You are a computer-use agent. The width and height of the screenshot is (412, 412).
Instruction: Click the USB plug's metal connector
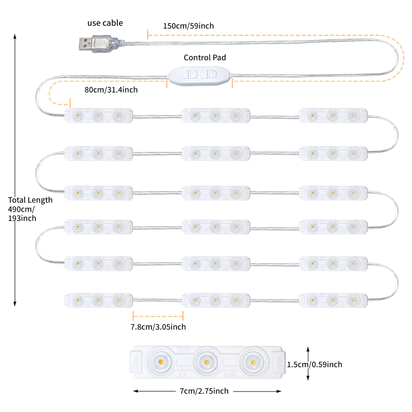pos(86,44)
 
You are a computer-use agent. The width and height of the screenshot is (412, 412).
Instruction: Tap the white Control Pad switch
pos(200,74)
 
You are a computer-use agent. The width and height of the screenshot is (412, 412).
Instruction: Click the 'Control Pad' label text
pos(205,58)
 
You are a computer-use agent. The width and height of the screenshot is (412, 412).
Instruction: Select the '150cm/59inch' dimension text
pos(188,26)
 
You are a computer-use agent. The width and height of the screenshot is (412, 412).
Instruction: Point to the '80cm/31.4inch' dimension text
pos(111,90)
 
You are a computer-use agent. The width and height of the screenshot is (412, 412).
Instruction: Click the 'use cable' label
pos(105,23)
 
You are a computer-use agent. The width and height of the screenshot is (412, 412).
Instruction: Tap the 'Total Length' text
pos(30,200)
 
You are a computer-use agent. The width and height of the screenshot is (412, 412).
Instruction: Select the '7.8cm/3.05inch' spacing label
pos(158,327)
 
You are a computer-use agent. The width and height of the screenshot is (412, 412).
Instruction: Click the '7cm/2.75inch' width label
pos(204,391)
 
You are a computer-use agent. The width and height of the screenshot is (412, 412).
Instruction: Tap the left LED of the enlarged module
pos(160,363)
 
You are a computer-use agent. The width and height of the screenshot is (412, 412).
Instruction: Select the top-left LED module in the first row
pos(98,116)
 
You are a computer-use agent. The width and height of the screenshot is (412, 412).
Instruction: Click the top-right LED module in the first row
pos(333,116)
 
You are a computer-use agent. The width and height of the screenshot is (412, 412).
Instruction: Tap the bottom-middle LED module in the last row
pos(216,300)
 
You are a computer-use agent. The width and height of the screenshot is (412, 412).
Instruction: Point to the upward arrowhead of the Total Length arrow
pos(15,37)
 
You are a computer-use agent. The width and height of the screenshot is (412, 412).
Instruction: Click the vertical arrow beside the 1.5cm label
pos(307,364)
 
